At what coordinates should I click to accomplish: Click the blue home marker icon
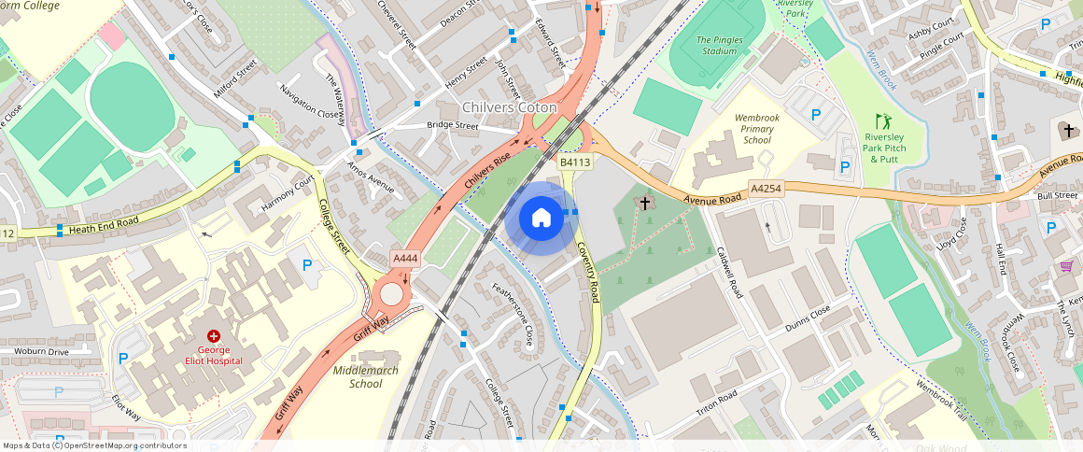(x=541, y=219)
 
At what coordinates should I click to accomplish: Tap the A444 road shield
(x=403, y=258)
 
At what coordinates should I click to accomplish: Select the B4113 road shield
(x=575, y=162)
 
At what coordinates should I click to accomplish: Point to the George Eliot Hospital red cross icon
(x=214, y=334)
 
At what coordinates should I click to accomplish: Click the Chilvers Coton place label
(x=509, y=108)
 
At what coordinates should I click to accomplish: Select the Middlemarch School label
(x=366, y=376)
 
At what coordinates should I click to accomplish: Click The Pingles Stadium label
(x=719, y=45)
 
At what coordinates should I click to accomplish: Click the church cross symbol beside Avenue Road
(x=644, y=203)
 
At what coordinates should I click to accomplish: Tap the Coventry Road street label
(x=587, y=270)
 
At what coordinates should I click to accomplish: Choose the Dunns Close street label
(x=808, y=317)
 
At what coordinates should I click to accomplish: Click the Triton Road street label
(x=716, y=403)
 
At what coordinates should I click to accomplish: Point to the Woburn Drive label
(x=41, y=352)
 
